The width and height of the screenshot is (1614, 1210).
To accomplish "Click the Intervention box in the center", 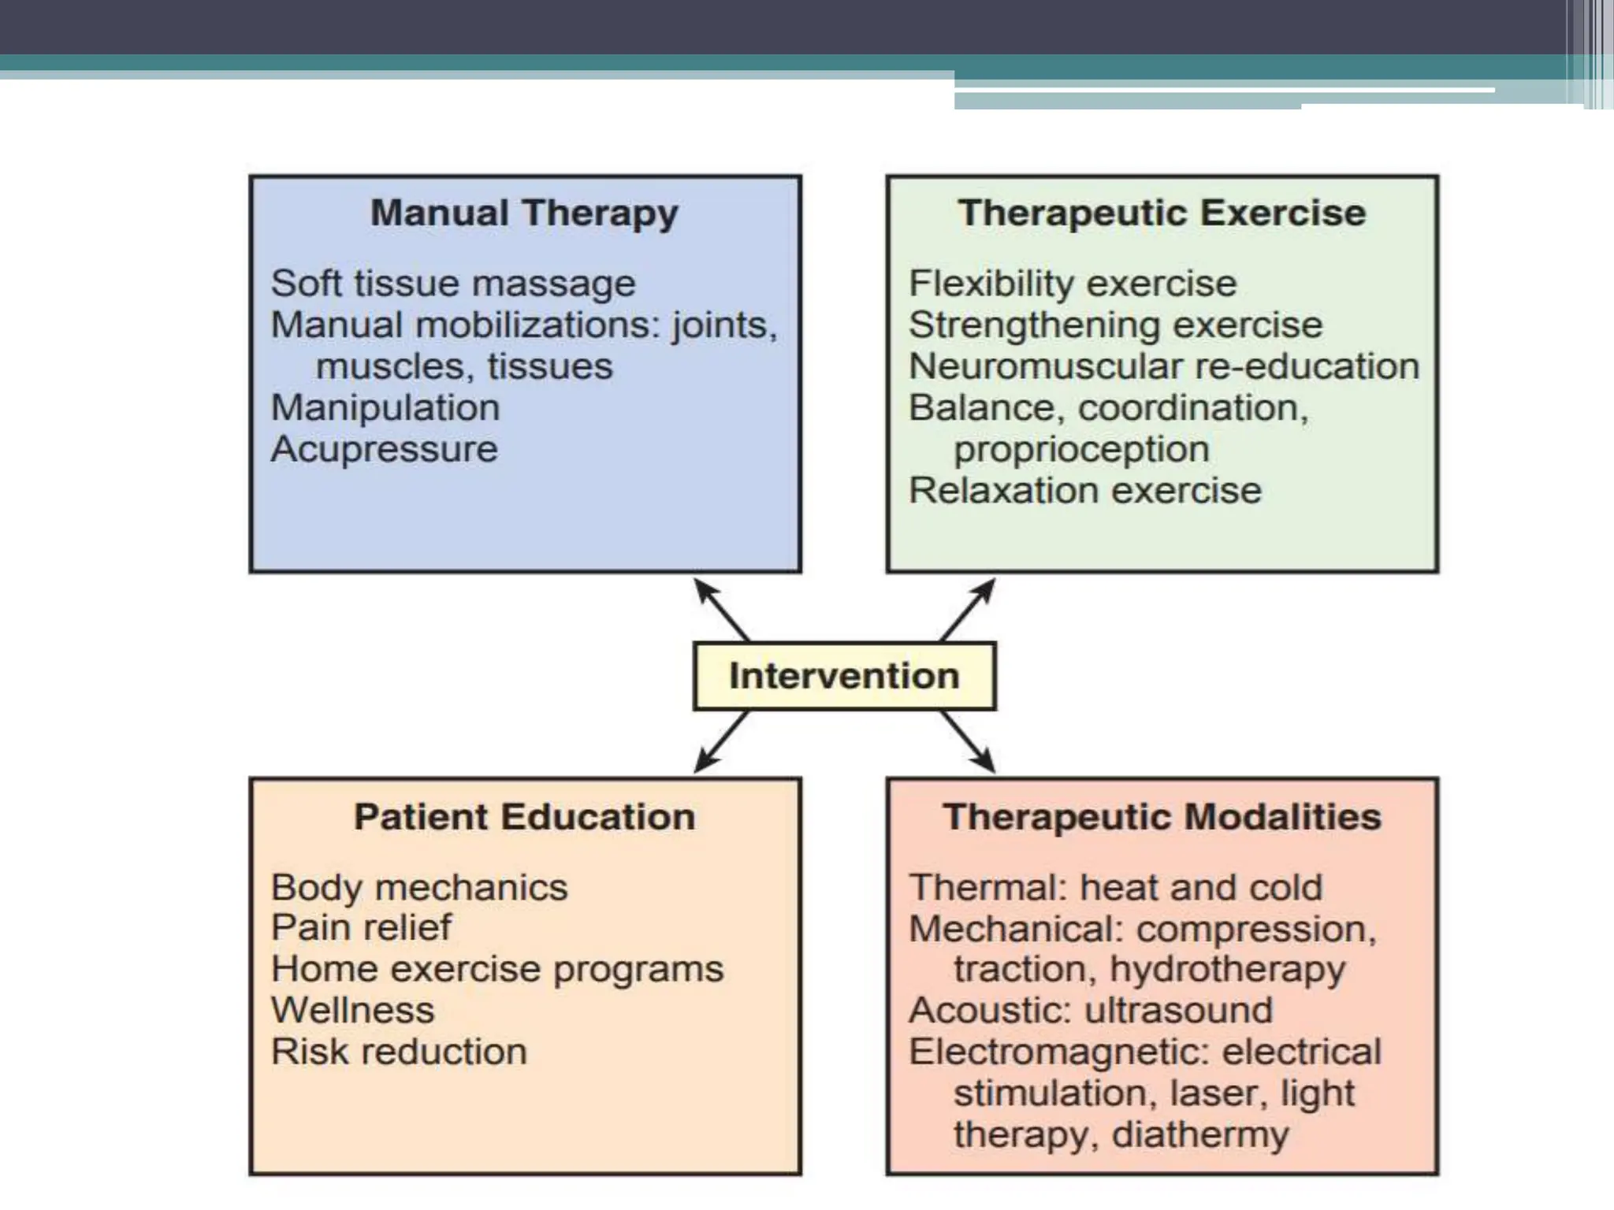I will (844, 676).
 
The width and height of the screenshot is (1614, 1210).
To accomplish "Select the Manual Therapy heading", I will (524, 213).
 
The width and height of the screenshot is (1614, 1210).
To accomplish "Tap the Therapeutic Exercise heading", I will (1162, 213).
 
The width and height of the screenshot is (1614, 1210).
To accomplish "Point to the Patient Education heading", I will (524, 817).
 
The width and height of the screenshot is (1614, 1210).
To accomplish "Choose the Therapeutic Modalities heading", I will (1162, 817).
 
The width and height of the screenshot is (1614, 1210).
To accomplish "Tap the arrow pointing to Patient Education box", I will (720, 742).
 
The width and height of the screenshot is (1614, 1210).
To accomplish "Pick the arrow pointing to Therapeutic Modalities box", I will (968, 742).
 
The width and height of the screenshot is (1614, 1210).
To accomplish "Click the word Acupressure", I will (384, 450).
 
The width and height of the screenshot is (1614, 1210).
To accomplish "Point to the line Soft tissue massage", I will (452, 284).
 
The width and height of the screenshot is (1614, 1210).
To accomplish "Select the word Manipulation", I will (385, 408).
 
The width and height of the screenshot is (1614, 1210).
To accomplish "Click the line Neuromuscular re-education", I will (1163, 366).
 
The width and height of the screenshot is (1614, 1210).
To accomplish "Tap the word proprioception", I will (1081, 450).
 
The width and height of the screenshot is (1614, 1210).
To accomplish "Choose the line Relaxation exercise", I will (1084, 491).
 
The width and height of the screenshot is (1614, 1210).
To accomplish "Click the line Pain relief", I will (361, 927).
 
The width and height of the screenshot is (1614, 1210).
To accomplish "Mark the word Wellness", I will (352, 1011).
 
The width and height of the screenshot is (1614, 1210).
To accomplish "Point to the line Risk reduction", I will (398, 1052).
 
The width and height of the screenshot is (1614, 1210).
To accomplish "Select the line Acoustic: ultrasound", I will (1090, 1011).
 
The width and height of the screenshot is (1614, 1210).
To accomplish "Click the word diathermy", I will (1199, 1135).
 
